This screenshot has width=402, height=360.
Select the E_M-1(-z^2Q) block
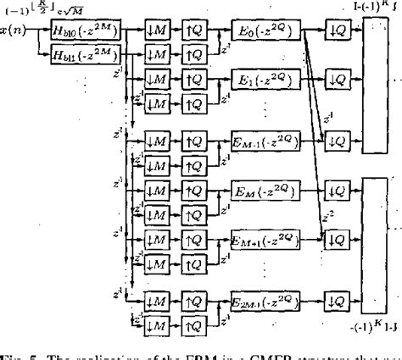click(x=265, y=137)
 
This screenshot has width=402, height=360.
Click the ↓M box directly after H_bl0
click(x=155, y=32)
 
